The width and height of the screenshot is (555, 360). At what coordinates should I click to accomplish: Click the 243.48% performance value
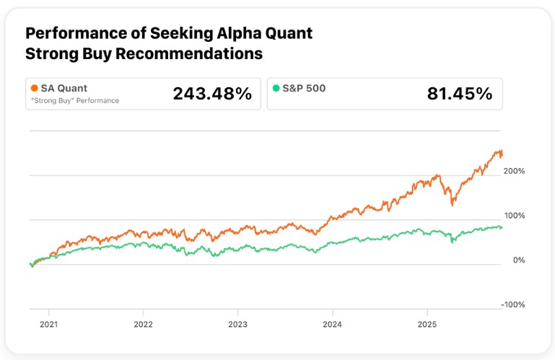pos(212,93)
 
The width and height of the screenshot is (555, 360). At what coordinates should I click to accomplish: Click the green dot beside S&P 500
pos(276,88)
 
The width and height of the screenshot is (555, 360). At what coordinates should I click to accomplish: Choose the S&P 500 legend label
pos(305,88)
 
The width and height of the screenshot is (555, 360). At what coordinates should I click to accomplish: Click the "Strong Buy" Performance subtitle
pos(74,100)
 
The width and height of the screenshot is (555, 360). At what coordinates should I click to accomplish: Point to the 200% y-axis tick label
pos(515,171)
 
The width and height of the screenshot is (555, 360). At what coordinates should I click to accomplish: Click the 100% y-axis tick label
pos(515,216)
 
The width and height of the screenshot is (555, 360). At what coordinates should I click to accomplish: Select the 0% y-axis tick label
pos(518,260)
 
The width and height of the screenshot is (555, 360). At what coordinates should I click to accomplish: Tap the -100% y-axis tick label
pos(513,304)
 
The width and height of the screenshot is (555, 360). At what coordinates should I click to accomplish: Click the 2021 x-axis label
pos(48,325)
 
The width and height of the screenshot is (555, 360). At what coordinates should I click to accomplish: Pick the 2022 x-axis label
pos(143,325)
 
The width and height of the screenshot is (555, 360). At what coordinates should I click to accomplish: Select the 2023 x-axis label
pos(237,325)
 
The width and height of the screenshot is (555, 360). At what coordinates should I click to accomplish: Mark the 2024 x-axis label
pos(332,325)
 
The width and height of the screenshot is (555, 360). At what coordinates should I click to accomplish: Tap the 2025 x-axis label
pos(427,325)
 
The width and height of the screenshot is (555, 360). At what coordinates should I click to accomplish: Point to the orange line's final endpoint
pos(502,154)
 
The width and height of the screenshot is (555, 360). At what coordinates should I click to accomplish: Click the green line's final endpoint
pos(502,228)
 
